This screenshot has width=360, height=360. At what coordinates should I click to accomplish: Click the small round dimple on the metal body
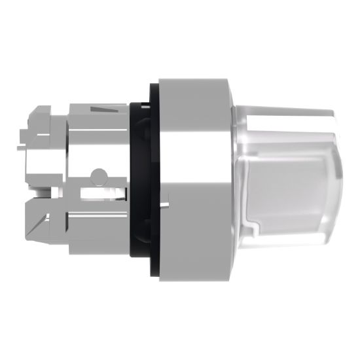point(98,175)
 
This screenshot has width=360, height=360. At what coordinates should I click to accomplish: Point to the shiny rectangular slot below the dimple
point(98,194)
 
